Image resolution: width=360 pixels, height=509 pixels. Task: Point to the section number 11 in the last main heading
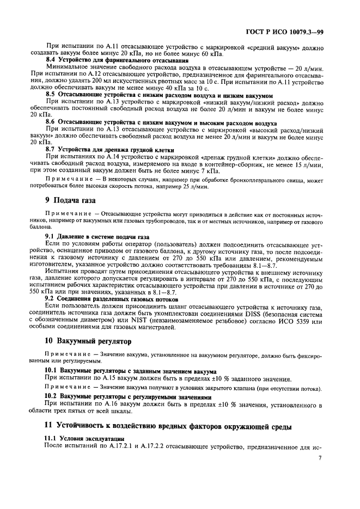49,426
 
